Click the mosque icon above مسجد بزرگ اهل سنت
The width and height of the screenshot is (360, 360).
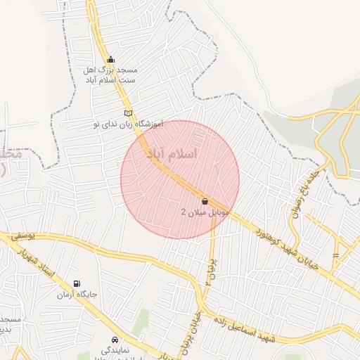[110, 60]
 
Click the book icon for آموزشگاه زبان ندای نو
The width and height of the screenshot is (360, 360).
[128, 112]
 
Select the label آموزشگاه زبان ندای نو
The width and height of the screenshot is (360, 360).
[128, 124]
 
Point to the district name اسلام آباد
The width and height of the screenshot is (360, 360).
[172, 153]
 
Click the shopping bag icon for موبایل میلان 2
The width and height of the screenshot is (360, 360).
[205, 201]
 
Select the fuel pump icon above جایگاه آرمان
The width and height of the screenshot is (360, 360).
[77, 283]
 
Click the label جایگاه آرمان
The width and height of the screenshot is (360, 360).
[77, 294]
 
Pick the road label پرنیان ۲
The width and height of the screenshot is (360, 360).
[209, 270]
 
